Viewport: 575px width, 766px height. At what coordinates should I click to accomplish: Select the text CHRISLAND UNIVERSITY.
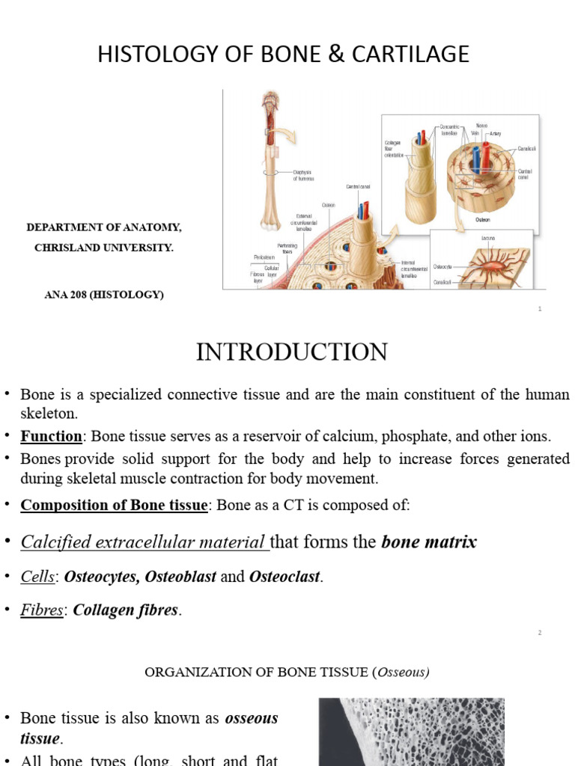104,247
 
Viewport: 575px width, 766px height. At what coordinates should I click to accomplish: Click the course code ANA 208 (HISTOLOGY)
104,294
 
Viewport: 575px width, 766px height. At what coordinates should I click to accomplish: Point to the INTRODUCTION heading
292,352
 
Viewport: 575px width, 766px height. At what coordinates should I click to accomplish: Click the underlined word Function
51,436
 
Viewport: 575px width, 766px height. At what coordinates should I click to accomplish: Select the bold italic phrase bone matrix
429,542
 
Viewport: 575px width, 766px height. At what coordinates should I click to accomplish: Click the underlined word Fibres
41,610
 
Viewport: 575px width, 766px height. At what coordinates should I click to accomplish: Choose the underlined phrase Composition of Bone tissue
113,505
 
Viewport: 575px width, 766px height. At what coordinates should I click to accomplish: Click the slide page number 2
539,633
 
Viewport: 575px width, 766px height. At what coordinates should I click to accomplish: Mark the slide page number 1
539,308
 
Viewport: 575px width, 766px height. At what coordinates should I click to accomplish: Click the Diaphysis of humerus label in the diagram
303,176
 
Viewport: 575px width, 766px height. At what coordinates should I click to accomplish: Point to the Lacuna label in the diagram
487,238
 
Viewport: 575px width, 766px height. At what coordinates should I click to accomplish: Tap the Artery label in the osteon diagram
496,133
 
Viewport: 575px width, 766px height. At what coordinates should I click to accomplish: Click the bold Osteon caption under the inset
483,220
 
